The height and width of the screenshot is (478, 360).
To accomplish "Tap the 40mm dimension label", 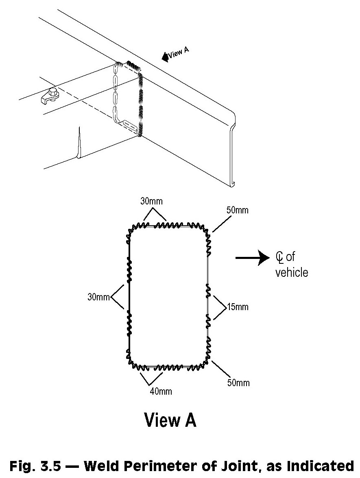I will (160, 391).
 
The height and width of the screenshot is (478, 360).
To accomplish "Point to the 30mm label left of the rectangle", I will (98, 297).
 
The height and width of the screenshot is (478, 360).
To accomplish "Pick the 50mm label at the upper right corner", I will (238, 211).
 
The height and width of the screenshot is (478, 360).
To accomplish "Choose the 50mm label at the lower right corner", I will (238, 382).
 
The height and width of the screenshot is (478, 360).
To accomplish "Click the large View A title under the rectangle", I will (170, 420).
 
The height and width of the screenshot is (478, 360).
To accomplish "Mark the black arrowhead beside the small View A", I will (165, 57).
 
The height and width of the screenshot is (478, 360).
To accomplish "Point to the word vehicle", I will (292, 272).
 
